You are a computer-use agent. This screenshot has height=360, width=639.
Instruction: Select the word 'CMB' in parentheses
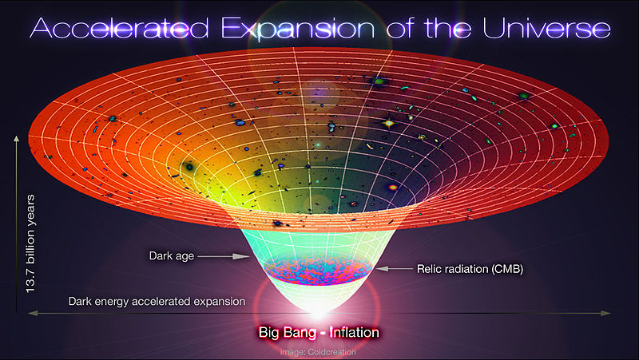click(503, 270)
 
